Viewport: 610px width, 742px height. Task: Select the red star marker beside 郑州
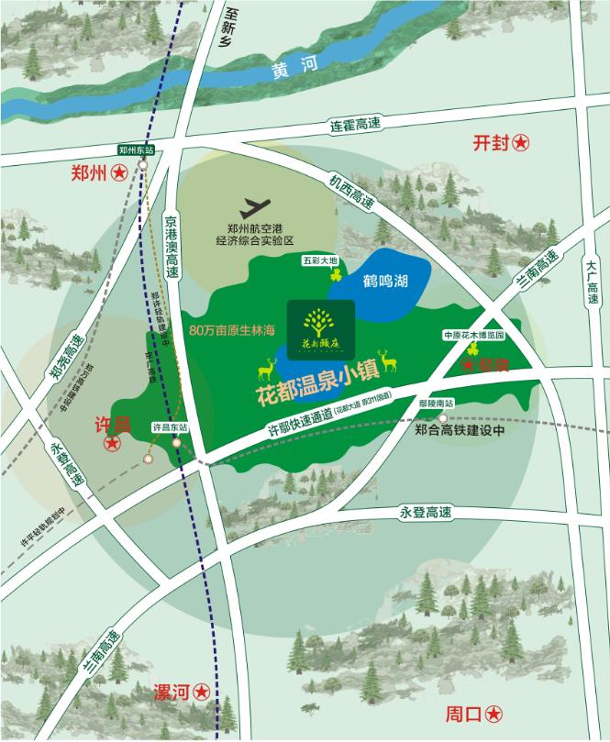pos(119,172)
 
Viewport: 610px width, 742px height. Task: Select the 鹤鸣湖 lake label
pos(383,282)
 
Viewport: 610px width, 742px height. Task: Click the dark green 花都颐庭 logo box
pos(321,323)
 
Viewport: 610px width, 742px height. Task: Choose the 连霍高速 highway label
pos(355,125)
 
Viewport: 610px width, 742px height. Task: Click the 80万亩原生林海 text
pos(232,327)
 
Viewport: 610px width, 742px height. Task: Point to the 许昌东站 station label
pos(170,426)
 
